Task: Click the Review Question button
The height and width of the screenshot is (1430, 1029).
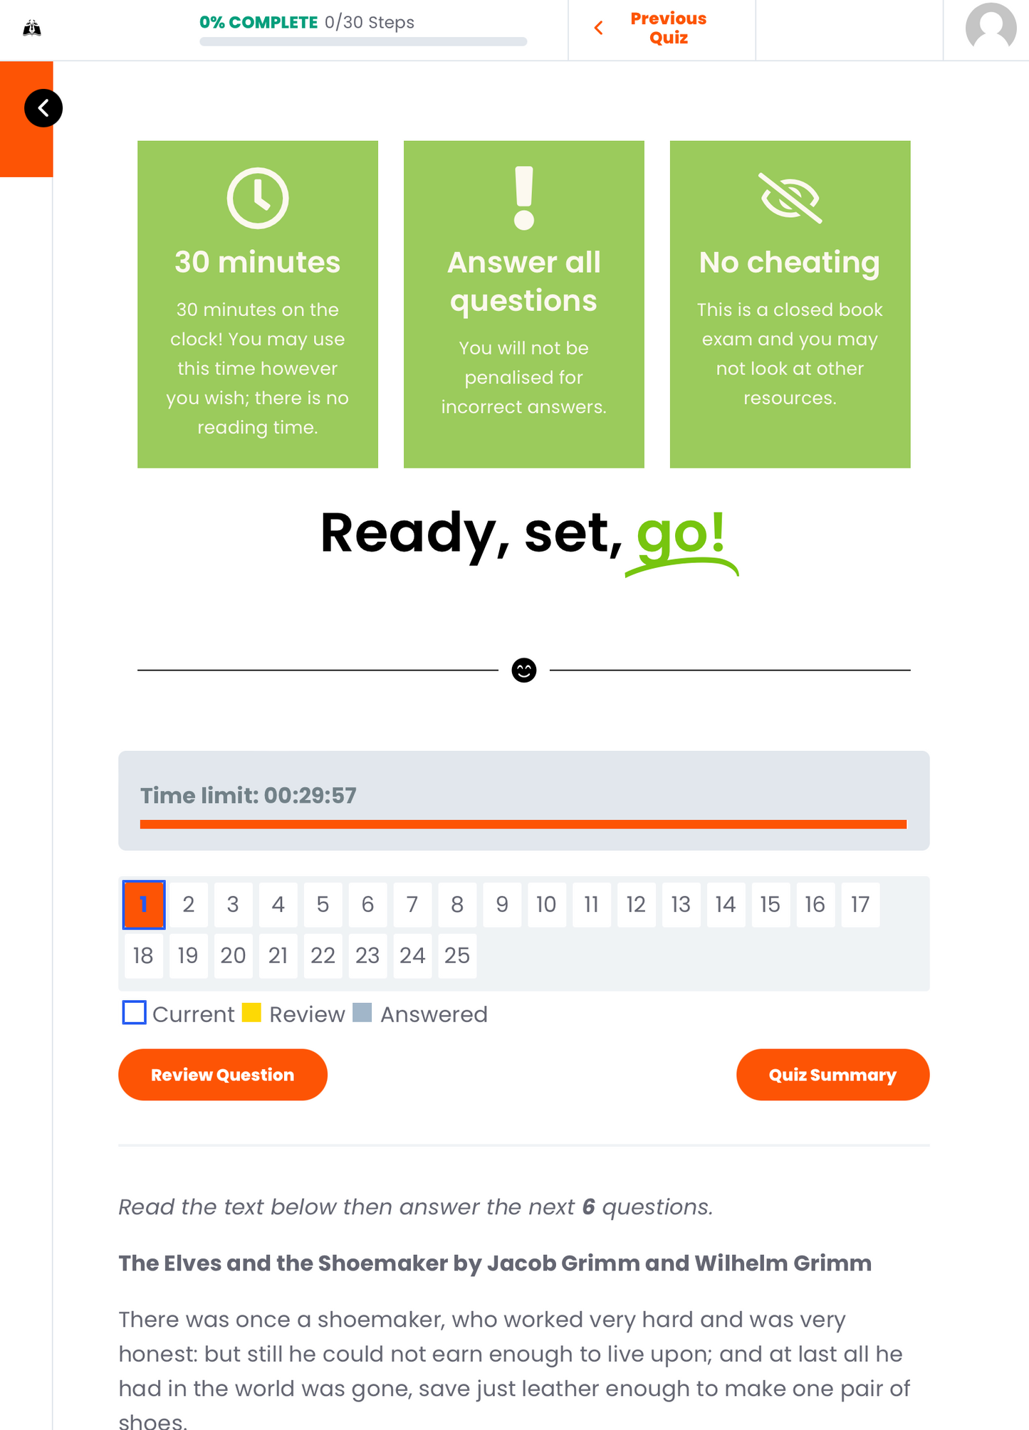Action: pyautogui.click(x=223, y=1074)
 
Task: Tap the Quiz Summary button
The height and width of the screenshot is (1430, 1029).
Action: pyautogui.click(x=832, y=1074)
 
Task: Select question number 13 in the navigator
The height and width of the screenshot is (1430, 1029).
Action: pyautogui.click(x=681, y=905)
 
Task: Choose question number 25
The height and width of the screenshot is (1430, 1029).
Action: pyautogui.click(x=457, y=956)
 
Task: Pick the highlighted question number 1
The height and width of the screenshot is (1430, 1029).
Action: pyautogui.click(x=144, y=905)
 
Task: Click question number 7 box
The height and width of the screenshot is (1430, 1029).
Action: pyautogui.click(x=412, y=905)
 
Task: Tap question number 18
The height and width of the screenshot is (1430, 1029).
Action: pyautogui.click(x=143, y=956)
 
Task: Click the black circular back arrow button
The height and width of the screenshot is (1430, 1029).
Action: pyautogui.click(x=43, y=108)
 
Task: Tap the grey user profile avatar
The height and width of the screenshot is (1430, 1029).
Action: pyautogui.click(x=991, y=27)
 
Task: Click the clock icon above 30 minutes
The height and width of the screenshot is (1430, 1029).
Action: pyautogui.click(x=258, y=198)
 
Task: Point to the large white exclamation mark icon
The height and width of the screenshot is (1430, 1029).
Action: pyautogui.click(x=524, y=198)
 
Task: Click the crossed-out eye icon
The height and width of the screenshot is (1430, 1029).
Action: pyautogui.click(x=790, y=198)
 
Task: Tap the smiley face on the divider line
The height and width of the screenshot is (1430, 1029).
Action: pyautogui.click(x=524, y=670)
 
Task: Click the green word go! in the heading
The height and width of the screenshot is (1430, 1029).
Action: pyautogui.click(x=681, y=534)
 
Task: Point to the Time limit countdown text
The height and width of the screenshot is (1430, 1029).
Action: pyautogui.click(x=249, y=795)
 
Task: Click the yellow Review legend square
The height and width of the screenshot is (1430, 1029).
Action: pyautogui.click(x=251, y=1012)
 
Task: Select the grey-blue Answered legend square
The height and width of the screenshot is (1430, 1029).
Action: pyautogui.click(x=362, y=1012)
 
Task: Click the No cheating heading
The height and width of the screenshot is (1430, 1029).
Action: pyautogui.click(x=790, y=262)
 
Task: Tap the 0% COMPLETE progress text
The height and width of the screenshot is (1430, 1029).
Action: pyautogui.click(x=258, y=22)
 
